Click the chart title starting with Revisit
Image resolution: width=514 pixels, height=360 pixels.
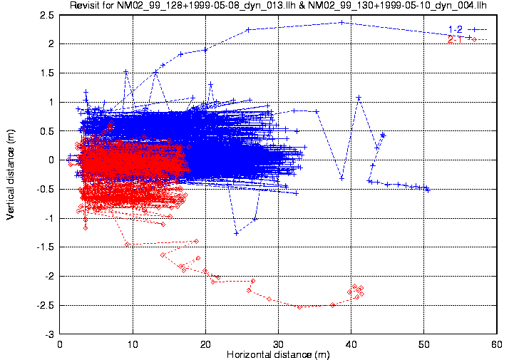pyautogui.click(x=278, y=6)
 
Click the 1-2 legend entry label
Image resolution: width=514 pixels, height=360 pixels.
pyautogui.click(x=455, y=29)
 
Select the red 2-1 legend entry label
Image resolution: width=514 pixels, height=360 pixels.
pyautogui.click(x=455, y=39)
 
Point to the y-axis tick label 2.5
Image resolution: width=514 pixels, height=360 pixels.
pyautogui.click(x=48, y=15)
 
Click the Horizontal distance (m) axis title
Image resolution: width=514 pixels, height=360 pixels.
pyautogui.click(x=278, y=354)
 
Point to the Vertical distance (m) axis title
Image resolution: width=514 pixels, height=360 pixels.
pyautogui.click(x=11, y=175)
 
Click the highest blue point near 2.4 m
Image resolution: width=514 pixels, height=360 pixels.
pyautogui.click(x=342, y=23)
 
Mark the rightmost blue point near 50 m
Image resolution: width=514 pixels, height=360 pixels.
pyautogui.click(x=428, y=190)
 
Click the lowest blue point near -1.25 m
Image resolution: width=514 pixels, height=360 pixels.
pyautogui.click(x=236, y=233)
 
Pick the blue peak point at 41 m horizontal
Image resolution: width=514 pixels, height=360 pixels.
pyautogui.click(x=359, y=98)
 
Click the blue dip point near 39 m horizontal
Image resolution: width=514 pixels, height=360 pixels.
pyautogui.click(x=342, y=178)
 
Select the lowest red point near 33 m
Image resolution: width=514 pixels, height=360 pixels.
pyautogui.click(x=299, y=307)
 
